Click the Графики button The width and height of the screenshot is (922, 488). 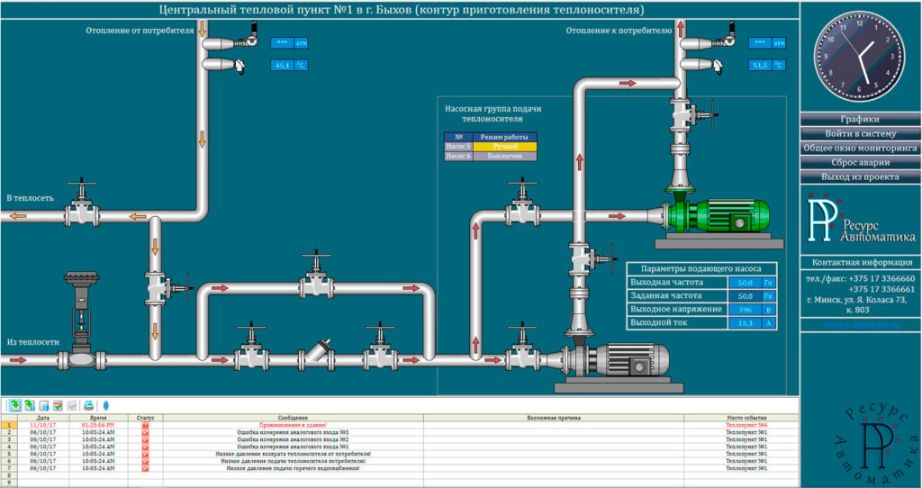(860, 119)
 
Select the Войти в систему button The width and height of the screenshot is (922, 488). (860, 133)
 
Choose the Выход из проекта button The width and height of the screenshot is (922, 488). (860, 176)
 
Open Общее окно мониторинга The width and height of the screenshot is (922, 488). (860, 148)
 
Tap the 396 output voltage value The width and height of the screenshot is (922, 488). (744, 309)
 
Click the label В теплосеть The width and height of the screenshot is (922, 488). (31, 197)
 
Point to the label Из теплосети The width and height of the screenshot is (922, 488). (33, 342)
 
